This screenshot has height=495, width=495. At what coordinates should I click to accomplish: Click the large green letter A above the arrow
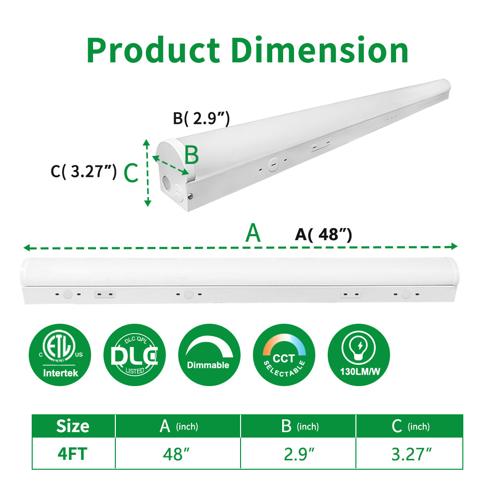click(x=253, y=233)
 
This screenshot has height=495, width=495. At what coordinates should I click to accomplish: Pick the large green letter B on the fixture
click(x=192, y=155)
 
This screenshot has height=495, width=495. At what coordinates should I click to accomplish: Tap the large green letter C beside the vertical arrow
click(x=130, y=174)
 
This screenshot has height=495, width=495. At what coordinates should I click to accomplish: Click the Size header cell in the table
click(x=73, y=426)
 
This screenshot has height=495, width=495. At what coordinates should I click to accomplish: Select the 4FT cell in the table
click(x=73, y=454)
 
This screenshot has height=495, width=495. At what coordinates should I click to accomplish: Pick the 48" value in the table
click(x=177, y=454)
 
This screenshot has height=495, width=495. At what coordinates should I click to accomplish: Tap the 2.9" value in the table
click(x=298, y=454)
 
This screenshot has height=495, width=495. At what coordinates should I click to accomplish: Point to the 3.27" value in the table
click(x=411, y=454)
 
